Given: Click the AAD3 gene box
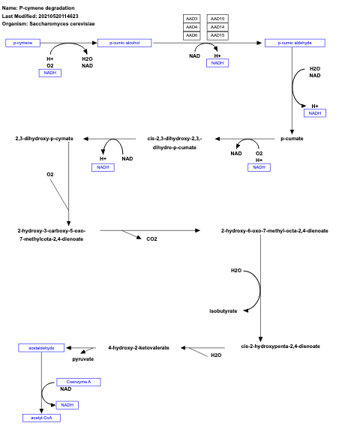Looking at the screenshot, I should point(191,18).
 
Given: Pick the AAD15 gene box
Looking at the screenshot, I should point(217,35).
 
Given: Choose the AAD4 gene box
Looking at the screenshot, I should point(191,27).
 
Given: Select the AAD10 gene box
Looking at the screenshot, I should point(217,18).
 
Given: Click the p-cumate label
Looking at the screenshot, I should point(291,138).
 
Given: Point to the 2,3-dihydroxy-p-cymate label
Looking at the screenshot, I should point(44,138).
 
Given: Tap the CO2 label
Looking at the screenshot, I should point(151,238).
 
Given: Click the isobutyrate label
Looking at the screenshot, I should point(223,310).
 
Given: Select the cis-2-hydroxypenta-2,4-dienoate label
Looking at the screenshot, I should point(280,346).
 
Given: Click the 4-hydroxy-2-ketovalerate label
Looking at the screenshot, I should point(139,348).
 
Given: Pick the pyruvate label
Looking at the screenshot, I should point(82,359).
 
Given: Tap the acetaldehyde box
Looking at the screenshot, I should point(41,348).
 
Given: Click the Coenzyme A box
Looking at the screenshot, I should point(79,382).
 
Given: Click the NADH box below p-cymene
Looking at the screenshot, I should point(50,73).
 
